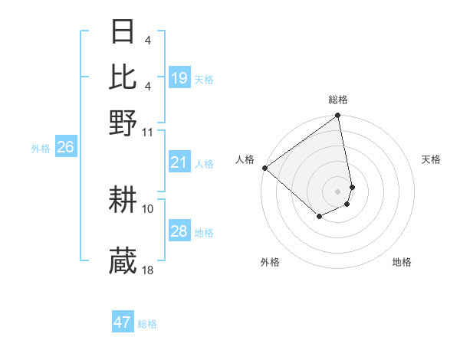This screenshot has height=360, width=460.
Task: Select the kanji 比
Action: (x=123, y=77)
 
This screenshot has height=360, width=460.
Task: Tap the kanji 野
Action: (x=123, y=122)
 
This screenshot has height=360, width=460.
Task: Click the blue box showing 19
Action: (x=179, y=78)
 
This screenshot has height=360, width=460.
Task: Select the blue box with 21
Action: (x=179, y=162)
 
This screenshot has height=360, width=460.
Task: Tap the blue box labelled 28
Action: (x=179, y=231)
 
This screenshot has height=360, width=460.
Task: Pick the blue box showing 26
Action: (x=65, y=147)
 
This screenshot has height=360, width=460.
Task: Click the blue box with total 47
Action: (x=123, y=322)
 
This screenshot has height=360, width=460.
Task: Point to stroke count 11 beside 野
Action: (x=148, y=132)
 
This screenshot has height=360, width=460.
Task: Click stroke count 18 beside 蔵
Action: (x=148, y=270)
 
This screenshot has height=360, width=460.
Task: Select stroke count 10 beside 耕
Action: (x=148, y=208)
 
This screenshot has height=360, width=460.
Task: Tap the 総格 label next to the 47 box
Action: (x=148, y=324)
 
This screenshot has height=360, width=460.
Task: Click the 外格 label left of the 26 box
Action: (x=41, y=149)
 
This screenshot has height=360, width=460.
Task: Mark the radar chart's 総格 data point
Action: (x=337, y=116)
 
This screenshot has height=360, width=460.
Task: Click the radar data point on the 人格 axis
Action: (x=264, y=168)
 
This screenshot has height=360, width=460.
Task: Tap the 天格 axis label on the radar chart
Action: (x=431, y=159)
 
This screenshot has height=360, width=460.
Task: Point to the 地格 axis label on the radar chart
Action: (x=402, y=262)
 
